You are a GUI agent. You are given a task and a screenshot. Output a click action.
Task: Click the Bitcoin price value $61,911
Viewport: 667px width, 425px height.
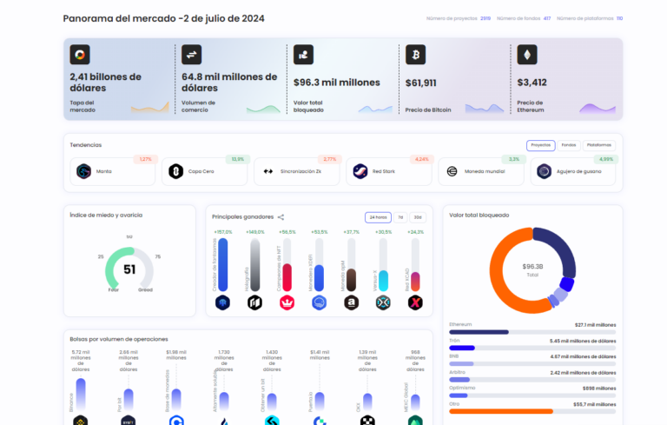point(421,83)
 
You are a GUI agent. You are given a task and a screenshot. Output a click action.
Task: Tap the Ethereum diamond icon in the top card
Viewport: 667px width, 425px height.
point(526,55)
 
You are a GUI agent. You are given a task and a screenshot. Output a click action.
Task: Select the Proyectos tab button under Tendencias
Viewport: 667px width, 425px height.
point(540,145)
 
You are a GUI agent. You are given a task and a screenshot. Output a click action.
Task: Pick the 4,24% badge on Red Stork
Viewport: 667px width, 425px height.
point(422,159)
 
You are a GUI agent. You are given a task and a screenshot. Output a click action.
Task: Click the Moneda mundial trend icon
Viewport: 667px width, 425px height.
point(452,171)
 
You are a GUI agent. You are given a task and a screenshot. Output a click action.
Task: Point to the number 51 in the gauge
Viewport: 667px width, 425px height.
point(129,269)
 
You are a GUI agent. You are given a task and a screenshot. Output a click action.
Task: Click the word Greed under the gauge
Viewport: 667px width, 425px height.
point(145,289)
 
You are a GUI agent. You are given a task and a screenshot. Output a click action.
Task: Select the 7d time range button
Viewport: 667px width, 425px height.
point(400,216)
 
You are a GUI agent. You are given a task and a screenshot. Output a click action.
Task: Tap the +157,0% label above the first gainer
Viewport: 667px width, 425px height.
point(222,232)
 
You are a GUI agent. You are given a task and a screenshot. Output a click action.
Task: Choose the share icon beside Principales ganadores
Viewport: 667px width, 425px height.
point(281,216)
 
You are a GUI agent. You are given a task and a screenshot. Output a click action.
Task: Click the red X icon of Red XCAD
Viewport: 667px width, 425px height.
point(415,302)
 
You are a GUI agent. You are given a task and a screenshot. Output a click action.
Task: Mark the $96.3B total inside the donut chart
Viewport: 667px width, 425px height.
point(532,266)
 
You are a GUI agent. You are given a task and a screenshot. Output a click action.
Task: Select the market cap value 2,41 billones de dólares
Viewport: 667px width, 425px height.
point(105,83)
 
